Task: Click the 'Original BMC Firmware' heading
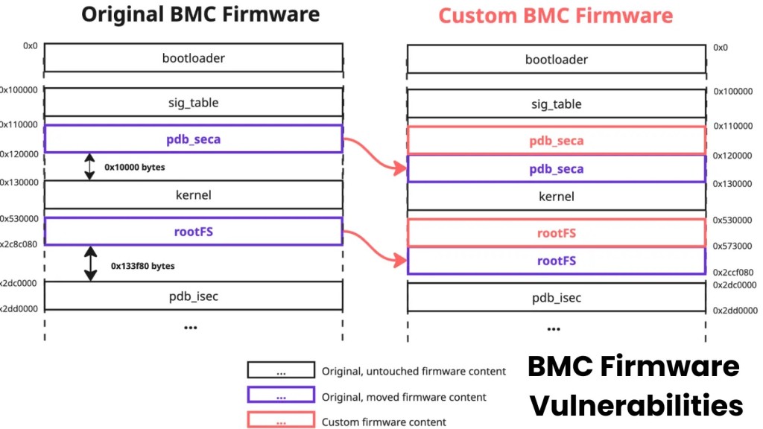click(200, 14)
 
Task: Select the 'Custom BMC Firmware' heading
click(555, 16)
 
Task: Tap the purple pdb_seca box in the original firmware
click(193, 139)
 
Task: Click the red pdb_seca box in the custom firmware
click(556, 141)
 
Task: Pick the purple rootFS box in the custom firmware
click(556, 261)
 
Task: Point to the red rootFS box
click(556, 233)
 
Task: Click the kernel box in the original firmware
click(193, 195)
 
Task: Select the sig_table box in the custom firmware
click(556, 104)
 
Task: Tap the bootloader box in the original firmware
click(193, 58)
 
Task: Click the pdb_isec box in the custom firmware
click(556, 298)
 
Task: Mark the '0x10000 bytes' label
click(134, 168)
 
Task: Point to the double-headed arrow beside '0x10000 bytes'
click(89, 167)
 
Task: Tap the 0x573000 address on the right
click(732, 246)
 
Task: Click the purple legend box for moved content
click(280, 397)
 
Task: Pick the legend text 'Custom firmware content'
click(384, 422)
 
